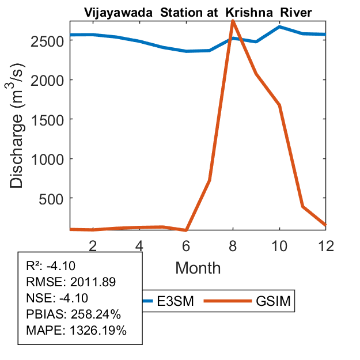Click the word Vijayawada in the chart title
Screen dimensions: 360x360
(x=112, y=12)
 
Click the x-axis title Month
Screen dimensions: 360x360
(x=198, y=267)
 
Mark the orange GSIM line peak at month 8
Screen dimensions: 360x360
(x=233, y=21)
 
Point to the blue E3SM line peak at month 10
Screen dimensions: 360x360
(x=279, y=26)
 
